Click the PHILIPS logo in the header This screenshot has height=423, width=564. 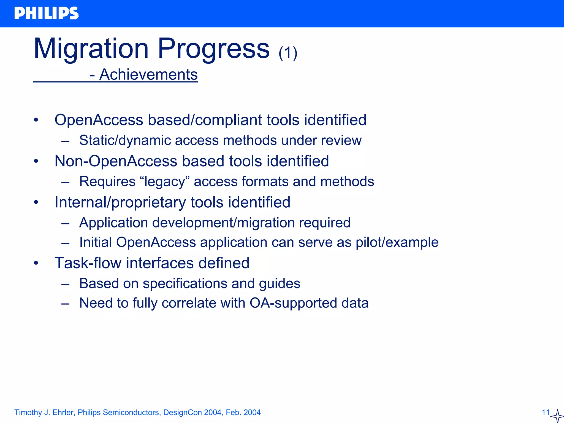point(46,13)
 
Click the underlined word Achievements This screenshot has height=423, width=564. point(148,74)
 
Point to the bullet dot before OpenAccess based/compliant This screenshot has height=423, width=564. point(36,120)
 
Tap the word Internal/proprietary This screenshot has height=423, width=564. point(120,202)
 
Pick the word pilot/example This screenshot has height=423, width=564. point(397,242)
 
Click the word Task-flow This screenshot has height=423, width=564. point(88,263)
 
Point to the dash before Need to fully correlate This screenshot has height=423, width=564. point(65,303)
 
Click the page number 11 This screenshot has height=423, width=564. point(546,413)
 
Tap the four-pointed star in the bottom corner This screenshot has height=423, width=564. point(557,416)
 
